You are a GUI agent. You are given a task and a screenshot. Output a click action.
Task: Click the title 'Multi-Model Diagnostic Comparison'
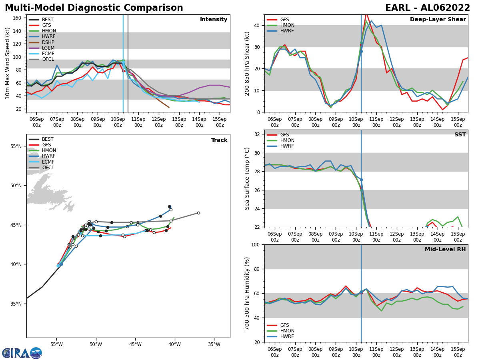point(94,8)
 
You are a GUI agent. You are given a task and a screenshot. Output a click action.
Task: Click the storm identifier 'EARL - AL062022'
point(427,8)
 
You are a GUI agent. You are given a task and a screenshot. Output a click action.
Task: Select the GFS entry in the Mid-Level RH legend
point(280,325)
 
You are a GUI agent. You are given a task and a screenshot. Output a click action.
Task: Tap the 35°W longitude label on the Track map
point(214,344)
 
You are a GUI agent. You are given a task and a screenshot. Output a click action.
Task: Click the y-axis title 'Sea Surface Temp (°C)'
point(247,178)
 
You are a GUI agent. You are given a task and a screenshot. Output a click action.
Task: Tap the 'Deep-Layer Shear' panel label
point(438,20)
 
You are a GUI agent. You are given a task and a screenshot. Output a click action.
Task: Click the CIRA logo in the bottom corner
point(22,353)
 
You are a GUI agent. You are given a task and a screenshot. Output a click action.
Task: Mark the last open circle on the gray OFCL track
point(198,213)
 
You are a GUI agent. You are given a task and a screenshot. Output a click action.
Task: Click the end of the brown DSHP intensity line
point(169,107)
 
